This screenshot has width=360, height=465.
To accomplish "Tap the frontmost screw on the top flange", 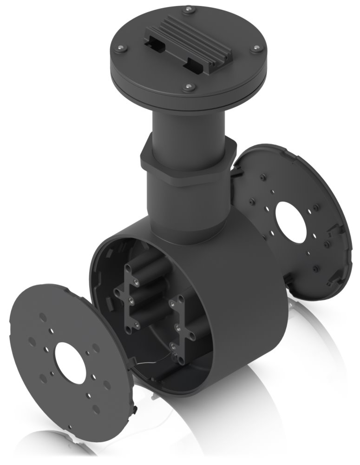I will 188,86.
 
